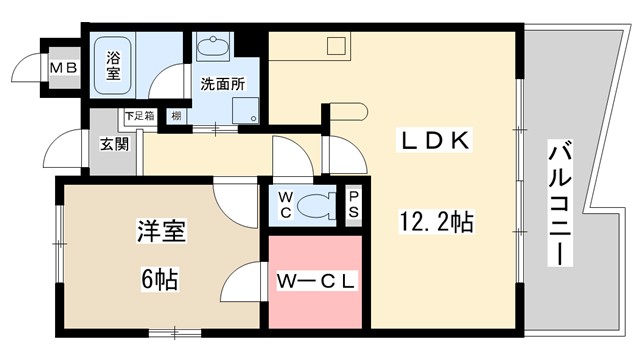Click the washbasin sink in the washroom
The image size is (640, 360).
[x=213, y=46]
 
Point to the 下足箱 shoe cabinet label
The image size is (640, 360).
[x=137, y=116]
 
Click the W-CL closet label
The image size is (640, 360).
[x=314, y=282]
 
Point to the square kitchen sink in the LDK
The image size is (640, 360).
[x=336, y=45]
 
